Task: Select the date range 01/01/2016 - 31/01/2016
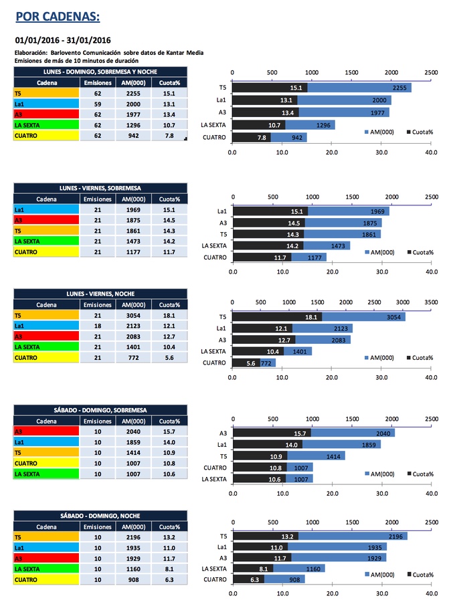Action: point(63,40)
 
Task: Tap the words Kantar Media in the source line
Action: point(182,52)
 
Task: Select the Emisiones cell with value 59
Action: point(97,104)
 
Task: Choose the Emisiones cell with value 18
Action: point(97,326)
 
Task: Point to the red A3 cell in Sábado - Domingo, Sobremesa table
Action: point(46,431)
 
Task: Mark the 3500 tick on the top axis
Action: point(430,302)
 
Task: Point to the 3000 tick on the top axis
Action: point(402,302)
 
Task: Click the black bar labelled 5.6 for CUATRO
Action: point(244,363)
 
